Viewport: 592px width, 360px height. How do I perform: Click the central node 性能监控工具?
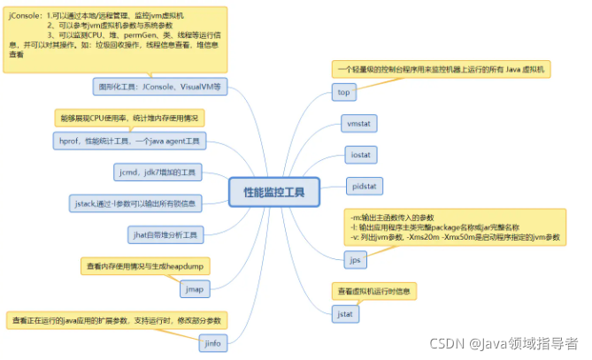click(x=273, y=192)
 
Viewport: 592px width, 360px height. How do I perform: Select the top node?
click(x=344, y=92)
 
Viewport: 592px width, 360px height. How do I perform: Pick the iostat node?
click(x=359, y=154)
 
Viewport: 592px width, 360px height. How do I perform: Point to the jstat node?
click(x=347, y=313)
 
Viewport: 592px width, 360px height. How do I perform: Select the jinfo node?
click(x=211, y=342)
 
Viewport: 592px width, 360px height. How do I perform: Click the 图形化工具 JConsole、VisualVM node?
click(x=160, y=87)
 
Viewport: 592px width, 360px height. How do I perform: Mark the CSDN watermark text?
click(x=504, y=343)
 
